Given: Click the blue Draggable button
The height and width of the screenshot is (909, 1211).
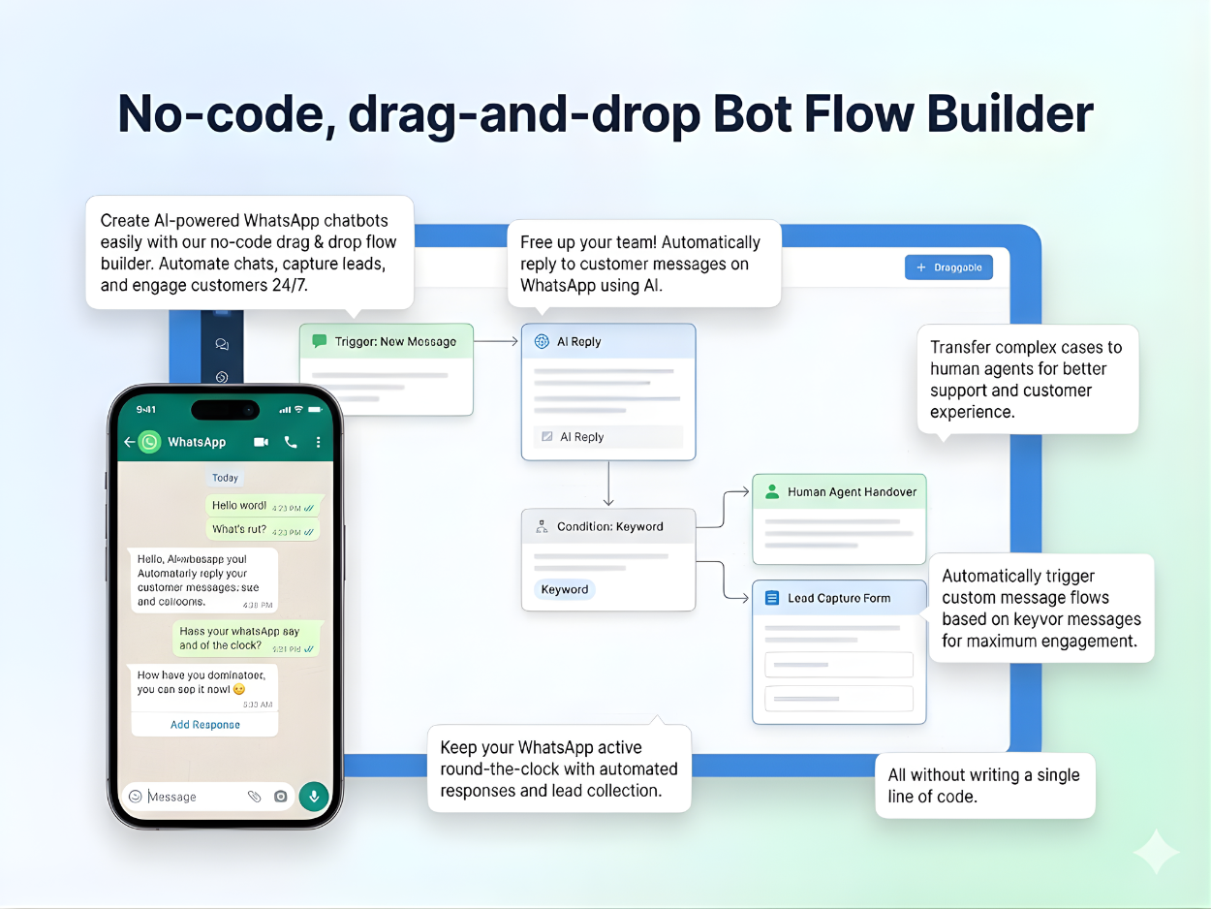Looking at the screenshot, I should pyautogui.click(x=948, y=267).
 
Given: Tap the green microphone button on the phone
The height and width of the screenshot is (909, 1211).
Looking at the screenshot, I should pyautogui.click(x=313, y=797).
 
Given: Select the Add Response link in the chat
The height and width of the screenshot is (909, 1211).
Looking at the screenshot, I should pyautogui.click(x=205, y=725).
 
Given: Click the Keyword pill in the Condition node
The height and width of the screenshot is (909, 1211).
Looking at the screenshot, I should pyautogui.click(x=564, y=589).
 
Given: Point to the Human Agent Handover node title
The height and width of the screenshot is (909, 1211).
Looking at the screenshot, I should pyautogui.click(x=852, y=492).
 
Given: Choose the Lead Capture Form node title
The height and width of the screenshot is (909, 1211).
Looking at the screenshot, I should pyautogui.click(x=838, y=598).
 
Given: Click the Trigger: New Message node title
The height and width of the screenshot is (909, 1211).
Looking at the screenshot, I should pyautogui.click(x=395, y=341).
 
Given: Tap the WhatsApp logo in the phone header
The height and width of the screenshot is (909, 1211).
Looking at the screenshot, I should pyautogui.click(x=149, y=442).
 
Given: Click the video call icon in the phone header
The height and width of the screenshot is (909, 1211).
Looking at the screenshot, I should pyautogui.click(x=261, y=442).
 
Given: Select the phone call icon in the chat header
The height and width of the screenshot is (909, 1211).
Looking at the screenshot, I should pyautogui.click(x=291, y=442).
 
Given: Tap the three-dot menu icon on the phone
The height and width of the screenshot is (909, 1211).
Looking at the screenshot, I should pyautogui.click(x=319, y=442).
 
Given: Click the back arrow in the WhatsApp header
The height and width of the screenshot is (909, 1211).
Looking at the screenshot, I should pyautogui.click(x=130, y=442).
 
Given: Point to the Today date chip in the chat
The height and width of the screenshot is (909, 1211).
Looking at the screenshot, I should pyautogui.click(x=225, y=478).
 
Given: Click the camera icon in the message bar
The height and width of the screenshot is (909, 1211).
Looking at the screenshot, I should pyautogui.click(x=281, y=797).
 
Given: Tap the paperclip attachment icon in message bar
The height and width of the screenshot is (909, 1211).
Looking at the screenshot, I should pyautogui.click(x=254, y=797).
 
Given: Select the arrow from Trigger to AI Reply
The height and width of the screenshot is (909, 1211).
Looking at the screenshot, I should pyautogui.click(x=497, y=341).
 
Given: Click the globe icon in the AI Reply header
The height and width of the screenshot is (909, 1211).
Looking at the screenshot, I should pyautogui.click(x=542, y=342).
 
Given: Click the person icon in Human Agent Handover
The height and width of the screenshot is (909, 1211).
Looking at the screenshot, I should pyautogui.click(x=772, y=492).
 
